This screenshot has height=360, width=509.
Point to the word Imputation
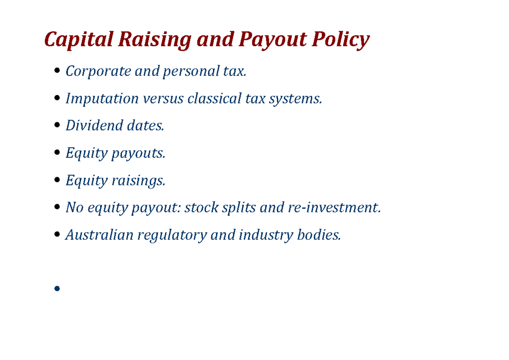coord(102,98)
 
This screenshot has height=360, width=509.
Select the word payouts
coord(138,153)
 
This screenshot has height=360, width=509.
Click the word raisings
coord(138,180)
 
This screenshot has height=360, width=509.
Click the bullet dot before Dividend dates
coord(58,126)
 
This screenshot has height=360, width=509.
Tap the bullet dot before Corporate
coord(58,72)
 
